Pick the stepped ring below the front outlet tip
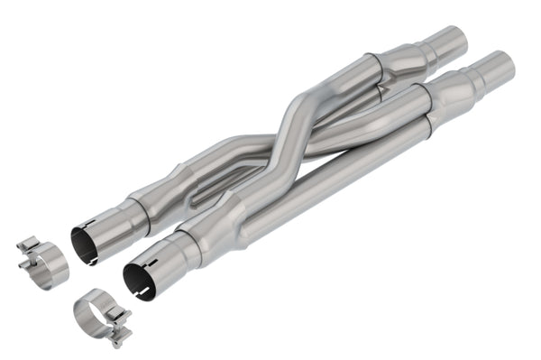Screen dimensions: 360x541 472,79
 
